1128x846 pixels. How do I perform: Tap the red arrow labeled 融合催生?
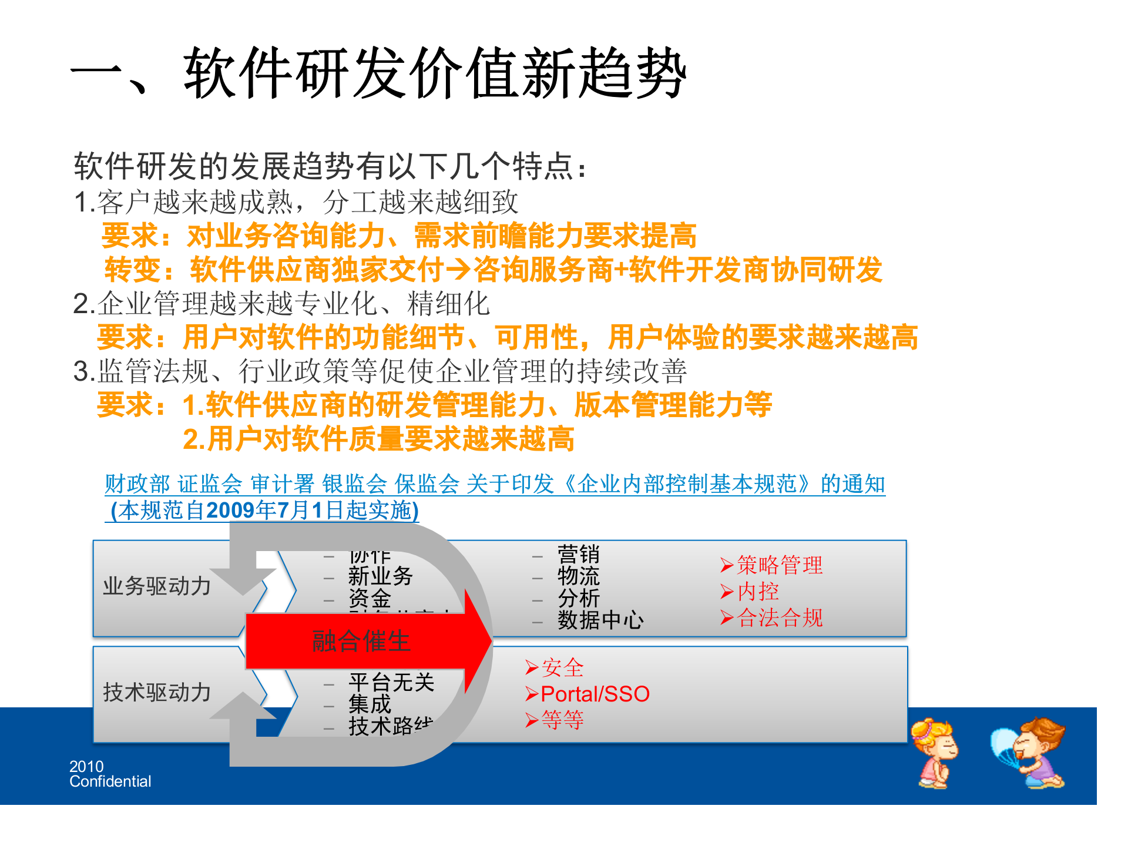361,640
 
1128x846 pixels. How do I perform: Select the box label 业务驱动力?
157,586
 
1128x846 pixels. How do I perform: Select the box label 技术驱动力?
157,693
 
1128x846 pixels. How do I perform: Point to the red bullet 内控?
757,592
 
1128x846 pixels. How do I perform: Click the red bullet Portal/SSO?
595,694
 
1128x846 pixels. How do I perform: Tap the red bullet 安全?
562,668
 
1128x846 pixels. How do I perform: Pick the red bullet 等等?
562,720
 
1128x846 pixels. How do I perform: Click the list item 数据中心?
600,620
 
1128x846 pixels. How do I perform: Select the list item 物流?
578,576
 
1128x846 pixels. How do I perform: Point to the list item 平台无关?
391,683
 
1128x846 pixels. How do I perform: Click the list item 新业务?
380,576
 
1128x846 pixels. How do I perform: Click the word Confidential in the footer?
110,782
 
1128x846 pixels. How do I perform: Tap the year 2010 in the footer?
86,767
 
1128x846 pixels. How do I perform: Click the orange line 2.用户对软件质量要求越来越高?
378,439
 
